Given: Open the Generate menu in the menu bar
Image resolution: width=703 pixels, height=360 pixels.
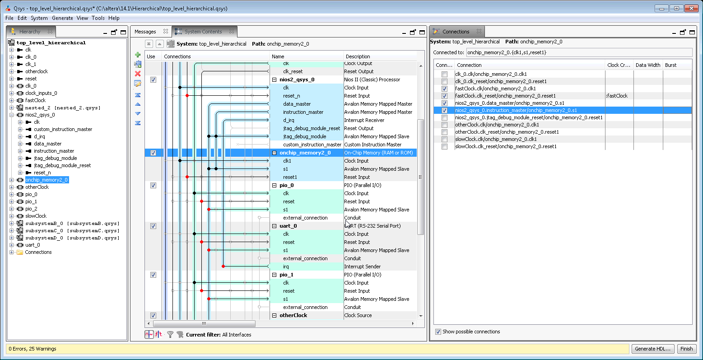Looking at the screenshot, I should pyautogui.click(x=62, y=18).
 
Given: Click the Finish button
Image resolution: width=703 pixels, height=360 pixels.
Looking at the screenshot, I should pyautogui.click(x=686, y=349).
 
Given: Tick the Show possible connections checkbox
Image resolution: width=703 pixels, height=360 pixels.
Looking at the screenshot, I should pyautogui.click(x=438, y=332).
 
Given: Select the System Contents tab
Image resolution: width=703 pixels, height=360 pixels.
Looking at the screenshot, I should pyautogui.click(x=203, y=32).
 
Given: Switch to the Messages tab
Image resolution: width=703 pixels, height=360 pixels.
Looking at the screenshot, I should pyautogui.click(x=145, y=32).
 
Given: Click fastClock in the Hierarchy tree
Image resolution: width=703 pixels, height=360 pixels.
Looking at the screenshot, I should pyautogui.click(x=35, y=100).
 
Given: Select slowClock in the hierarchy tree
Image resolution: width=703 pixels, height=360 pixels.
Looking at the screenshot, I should pyautogui.click(x=36, y=216).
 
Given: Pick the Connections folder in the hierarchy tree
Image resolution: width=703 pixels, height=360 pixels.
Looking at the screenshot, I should pyautogui.click(x=38, y=252).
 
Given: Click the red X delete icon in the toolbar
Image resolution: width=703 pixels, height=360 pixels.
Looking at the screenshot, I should pyautogui.click(x=138, y=74).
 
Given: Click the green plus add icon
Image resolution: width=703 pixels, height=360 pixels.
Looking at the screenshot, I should pyautogui.click(x=138, y=55).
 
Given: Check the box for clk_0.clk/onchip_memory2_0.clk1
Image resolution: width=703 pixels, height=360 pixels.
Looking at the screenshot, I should pyautogui.click(x=445, y=74).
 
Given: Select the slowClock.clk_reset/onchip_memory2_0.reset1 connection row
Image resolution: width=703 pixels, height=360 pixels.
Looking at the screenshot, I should pyautogui.click(x=506, y=146).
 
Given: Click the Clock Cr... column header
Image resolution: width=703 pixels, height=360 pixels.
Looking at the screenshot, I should pyautogui.click(x=619, y=65).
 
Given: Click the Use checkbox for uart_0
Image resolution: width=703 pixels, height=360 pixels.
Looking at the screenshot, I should pyautogui.click(x=153, y=226).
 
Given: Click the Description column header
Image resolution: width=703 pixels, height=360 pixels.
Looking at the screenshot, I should pyautogui.click(x=358, y=56).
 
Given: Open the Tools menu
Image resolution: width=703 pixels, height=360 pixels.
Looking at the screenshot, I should pyautogui.click(x=98, y=18).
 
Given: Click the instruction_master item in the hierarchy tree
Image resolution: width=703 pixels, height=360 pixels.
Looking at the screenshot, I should pyautogui.click(x=54, y=151).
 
